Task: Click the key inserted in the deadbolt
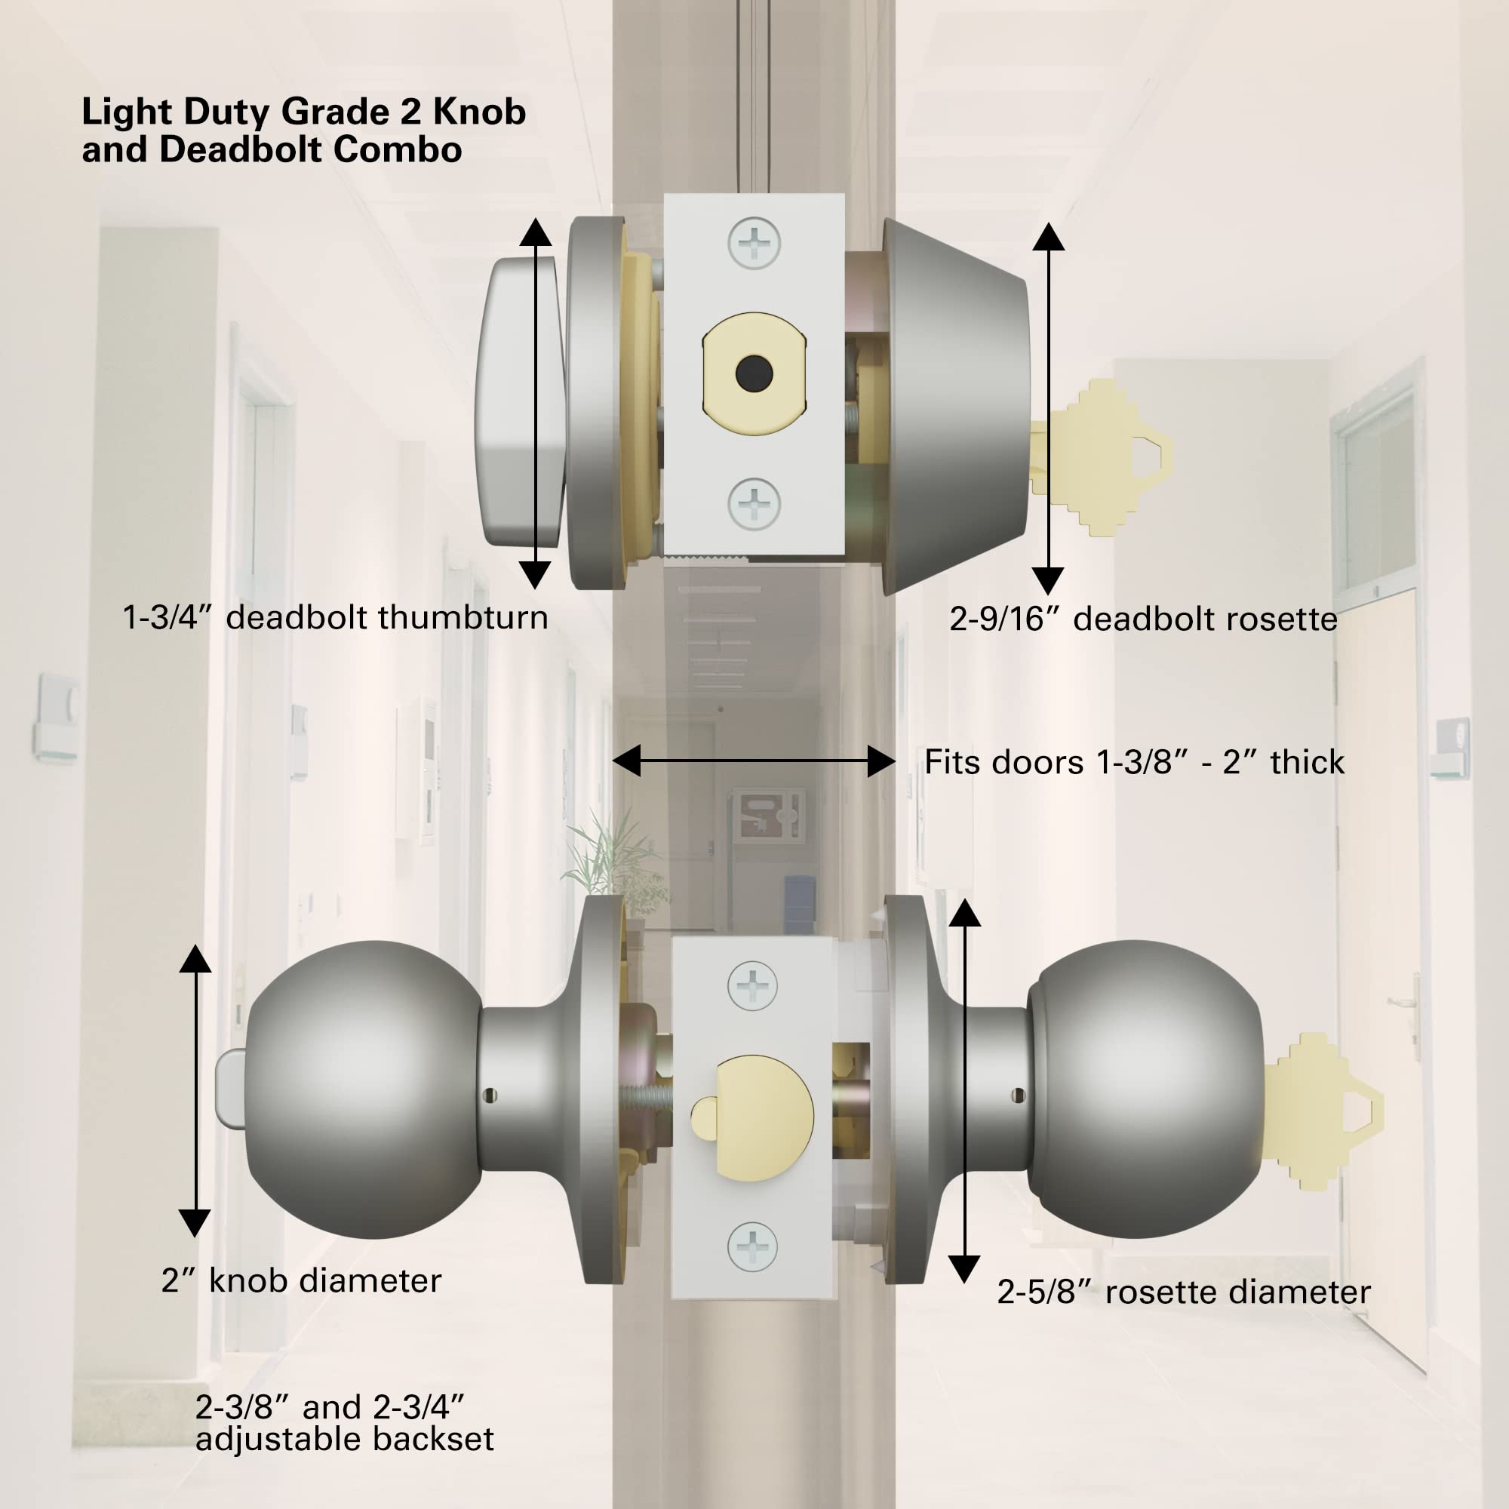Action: pyautogui.click(x=1102, y=459)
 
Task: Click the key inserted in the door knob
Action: pyautogui.click(x=1323, y=1111)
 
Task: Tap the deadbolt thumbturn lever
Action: pyautogui.click(x=519, y=401)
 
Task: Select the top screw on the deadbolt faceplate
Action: pyautogui.click(x=754, y=243)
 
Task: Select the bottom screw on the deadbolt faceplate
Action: pyautogui.click(x=754, y=504)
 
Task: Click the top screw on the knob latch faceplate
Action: pyautogui.click(x=752, y=985)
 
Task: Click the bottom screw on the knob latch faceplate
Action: pyautogui.click(x=752, y=1246)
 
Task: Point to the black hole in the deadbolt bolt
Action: pyautogui.click(x=754, y=374)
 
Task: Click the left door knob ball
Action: pyautogui.click(x=364, y=1089)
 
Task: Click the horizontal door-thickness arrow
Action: pyautogui.click(x=754, y=761)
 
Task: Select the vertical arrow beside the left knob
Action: pyautogui.click(x=195, y=1089)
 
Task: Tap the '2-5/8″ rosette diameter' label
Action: pyautogui.click(x=1183, y=1292)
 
